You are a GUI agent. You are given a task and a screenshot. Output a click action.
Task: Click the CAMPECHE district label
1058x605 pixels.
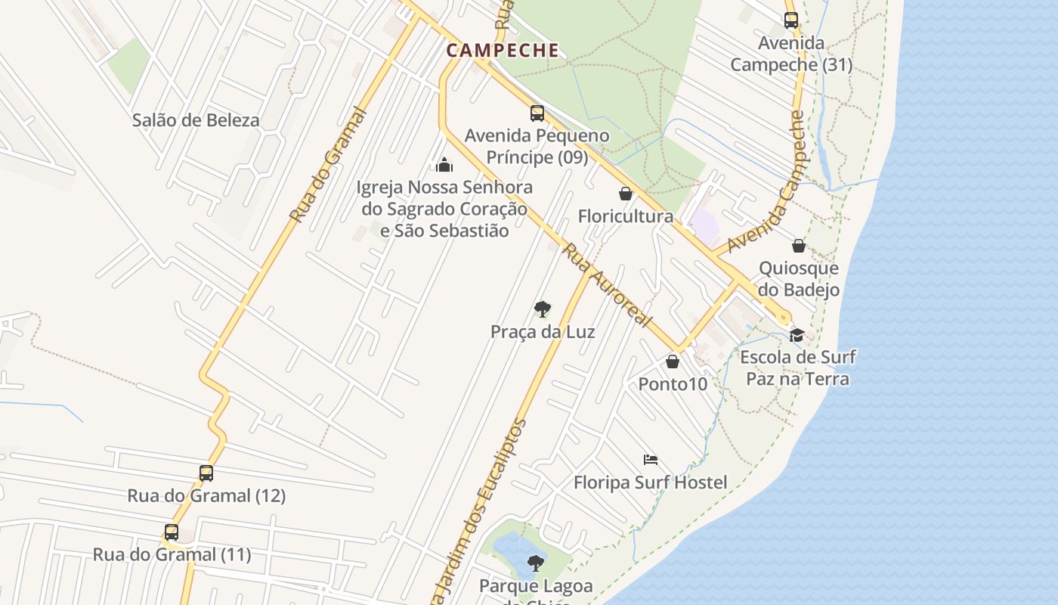503,51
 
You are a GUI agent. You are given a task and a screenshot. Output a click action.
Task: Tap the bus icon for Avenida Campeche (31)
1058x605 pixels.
791,20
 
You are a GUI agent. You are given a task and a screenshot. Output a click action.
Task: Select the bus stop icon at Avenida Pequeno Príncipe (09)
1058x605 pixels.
537,113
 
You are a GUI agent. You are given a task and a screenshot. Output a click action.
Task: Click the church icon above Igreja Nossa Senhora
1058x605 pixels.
444,164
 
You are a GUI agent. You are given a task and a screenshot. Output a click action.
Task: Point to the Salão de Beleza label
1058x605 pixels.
196,119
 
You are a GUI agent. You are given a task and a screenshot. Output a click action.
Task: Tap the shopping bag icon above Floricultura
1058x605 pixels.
626,194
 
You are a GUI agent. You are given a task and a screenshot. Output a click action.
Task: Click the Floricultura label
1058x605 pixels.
626,216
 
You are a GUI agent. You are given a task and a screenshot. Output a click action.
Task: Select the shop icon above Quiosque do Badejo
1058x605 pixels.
799,246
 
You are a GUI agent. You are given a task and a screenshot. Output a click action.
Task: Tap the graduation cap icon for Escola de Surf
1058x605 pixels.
797,335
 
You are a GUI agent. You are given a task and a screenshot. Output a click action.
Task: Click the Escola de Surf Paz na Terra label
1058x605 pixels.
798,368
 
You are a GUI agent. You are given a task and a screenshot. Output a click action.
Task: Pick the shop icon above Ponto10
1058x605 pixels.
673,361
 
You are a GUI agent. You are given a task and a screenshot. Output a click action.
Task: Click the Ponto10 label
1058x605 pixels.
673,384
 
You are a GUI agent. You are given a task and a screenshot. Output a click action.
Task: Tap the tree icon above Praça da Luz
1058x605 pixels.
542,309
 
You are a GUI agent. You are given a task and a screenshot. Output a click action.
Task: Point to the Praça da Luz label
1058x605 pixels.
543,332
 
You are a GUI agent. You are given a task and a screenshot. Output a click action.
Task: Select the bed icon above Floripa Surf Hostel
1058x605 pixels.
651,459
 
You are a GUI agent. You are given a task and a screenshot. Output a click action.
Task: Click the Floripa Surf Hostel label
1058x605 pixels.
650,482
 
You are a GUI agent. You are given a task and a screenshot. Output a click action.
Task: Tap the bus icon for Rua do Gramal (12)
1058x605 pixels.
206,473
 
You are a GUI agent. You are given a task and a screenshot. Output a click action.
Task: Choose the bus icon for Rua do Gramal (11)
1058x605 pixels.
172,532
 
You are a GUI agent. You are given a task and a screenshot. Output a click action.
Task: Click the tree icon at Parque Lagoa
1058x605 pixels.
536,563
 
